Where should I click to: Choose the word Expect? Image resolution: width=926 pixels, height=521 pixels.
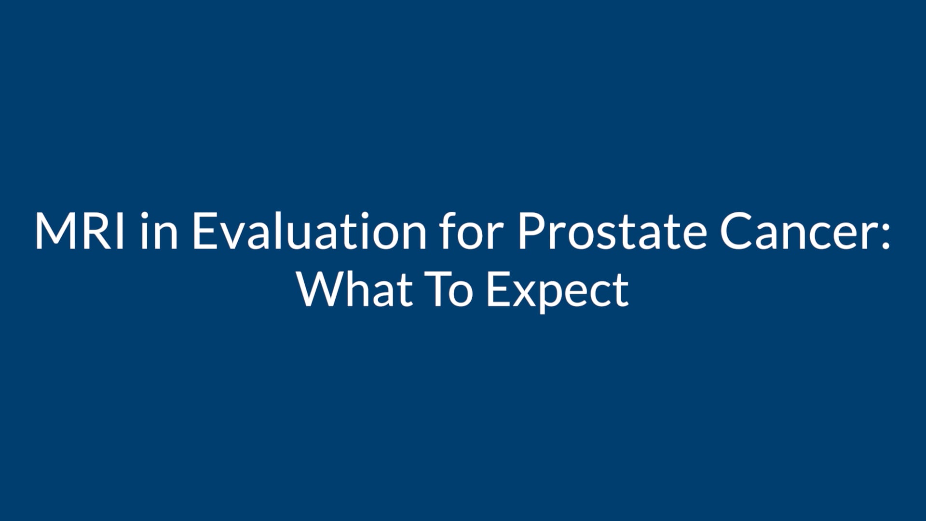point(558,292)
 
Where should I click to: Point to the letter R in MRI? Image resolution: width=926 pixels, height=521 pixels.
point(99,232)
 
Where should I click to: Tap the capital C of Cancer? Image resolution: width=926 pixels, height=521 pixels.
point(735,232)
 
